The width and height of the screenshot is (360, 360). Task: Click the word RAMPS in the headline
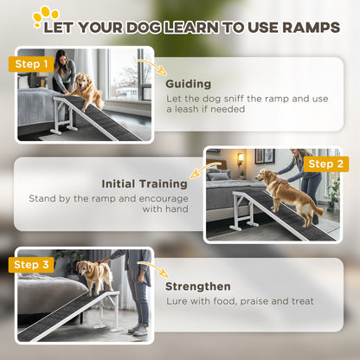306,27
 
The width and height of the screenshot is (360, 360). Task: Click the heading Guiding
189,84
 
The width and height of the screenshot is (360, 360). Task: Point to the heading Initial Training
145,183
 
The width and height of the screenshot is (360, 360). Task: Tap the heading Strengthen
198,286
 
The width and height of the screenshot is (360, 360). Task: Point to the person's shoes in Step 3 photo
136,329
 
